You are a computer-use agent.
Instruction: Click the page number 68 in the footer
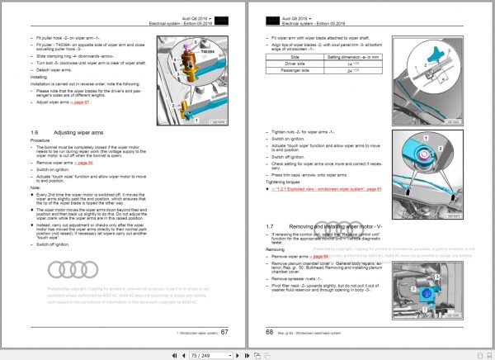(270, 331)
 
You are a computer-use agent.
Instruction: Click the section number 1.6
(35, 132)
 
